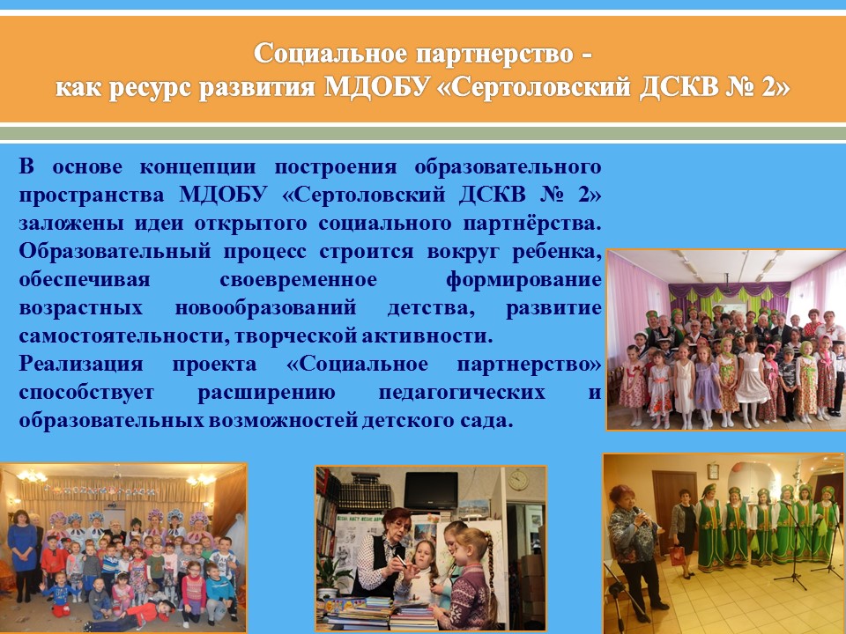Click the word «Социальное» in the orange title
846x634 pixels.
pyautogui.click(x=330, y=54)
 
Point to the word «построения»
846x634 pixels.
pyautogui.click(x=336, y=167)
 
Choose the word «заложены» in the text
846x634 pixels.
pyautogui.click(x=67, y=223)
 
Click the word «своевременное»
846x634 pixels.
pyautogui.click(x=299, y=280)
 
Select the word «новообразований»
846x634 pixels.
pyautogui.click(x=265, y=308)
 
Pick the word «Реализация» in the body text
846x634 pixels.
pyautogui.click(x=81, y=365)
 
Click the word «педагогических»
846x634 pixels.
pyautogui.click(x=462, y=392)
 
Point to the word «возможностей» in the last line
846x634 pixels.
pyautogui.click(x=283, y=421)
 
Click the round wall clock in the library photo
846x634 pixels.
pyautogui.click(x=518, y=480)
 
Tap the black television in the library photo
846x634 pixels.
pyautogui.click(x=431, y=490)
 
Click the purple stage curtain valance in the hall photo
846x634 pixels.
pyautogui.click(x=730, y=291)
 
